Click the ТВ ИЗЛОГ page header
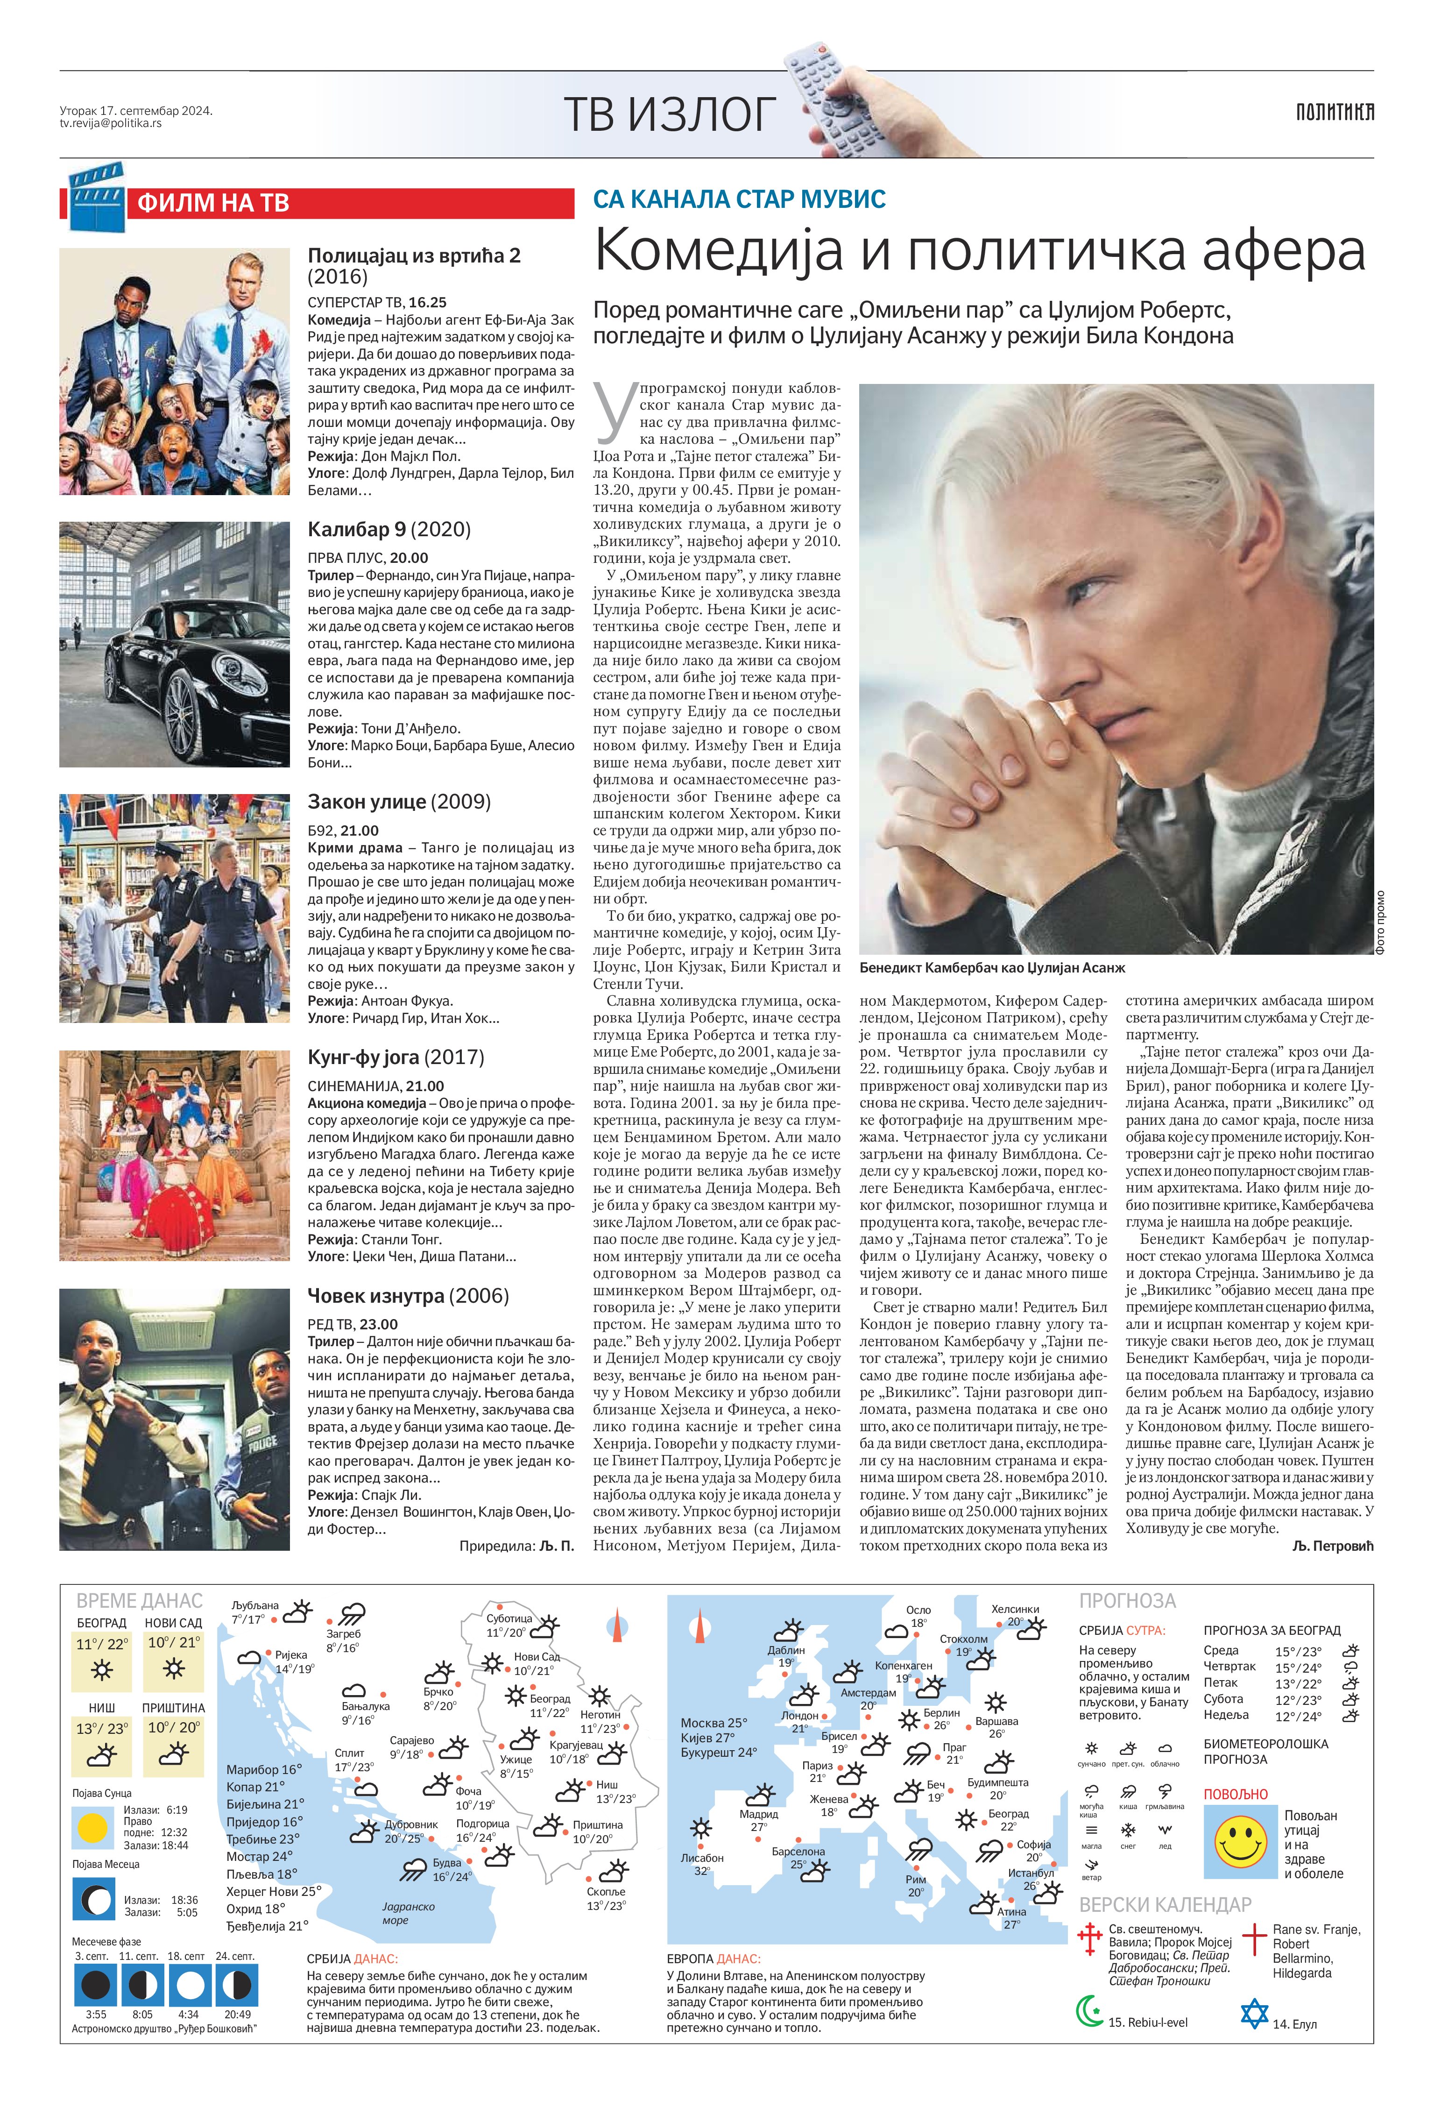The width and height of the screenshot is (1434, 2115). click(x=670, y=114)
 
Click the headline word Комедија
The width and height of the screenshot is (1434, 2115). click(x=719, y=252)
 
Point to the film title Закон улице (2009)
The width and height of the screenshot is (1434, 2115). click(x=398, y=802)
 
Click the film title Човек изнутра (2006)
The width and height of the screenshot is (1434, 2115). click(x=408, y=1295)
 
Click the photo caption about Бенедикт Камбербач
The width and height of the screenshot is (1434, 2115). click(x=992, y=968)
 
